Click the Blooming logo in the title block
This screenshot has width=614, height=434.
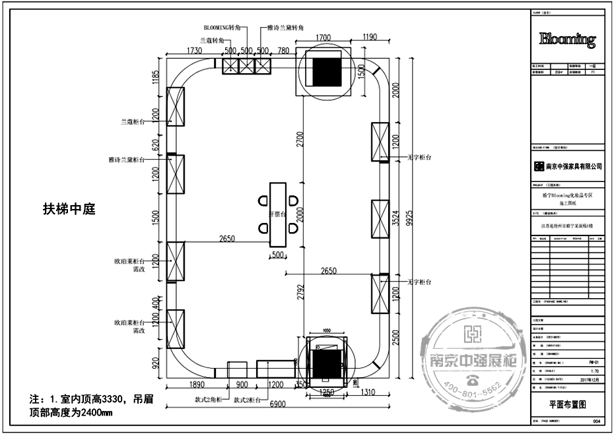[x=567, y=40]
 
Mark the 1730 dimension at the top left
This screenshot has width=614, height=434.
[x=194, y=51]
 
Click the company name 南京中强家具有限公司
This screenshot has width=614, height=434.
[x=572, y=167]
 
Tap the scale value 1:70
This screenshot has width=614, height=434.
[x=592, y=371]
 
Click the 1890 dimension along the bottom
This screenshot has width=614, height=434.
[x=197, y=385]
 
